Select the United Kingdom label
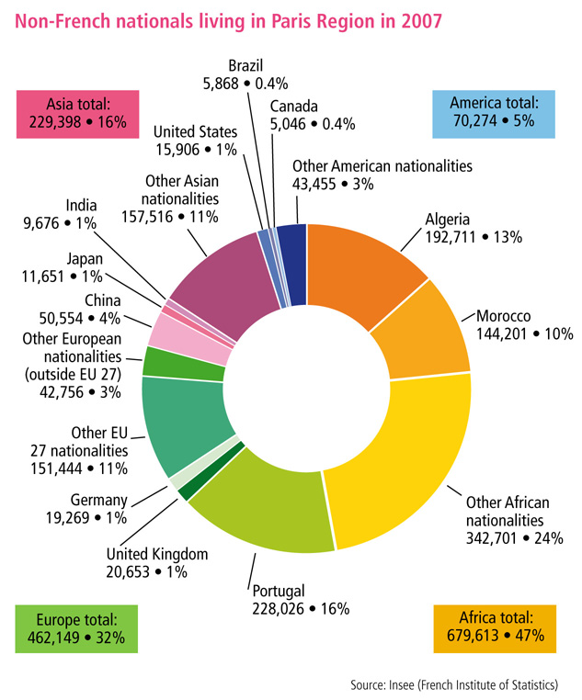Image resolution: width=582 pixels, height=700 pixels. (x=157, y=554)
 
